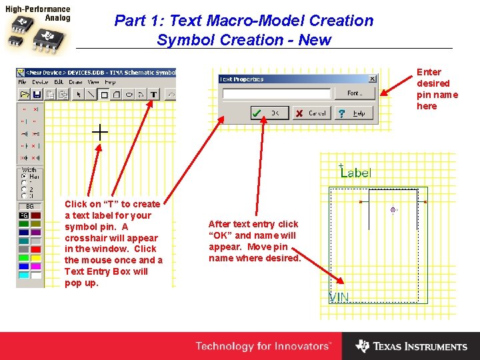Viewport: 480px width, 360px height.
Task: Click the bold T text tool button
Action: click(153, 95)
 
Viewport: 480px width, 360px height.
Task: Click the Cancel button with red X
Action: click(310, 113)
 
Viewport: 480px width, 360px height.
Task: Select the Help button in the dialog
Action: click(351, 113)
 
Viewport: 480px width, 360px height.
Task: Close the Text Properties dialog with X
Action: click(372, 79)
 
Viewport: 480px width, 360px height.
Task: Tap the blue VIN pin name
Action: click(339, 297)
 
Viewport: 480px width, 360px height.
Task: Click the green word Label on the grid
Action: click(356, 173)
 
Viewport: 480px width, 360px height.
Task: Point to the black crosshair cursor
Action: click(99, 132)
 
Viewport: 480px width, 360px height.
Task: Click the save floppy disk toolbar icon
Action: click(37, 95)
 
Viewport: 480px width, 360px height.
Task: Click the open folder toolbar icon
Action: click(25, 95)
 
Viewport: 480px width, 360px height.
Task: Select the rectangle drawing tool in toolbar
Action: click(104, 95)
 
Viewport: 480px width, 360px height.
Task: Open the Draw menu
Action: click(75, 82)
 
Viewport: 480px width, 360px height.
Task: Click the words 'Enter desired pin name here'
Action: click(437, 89)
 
